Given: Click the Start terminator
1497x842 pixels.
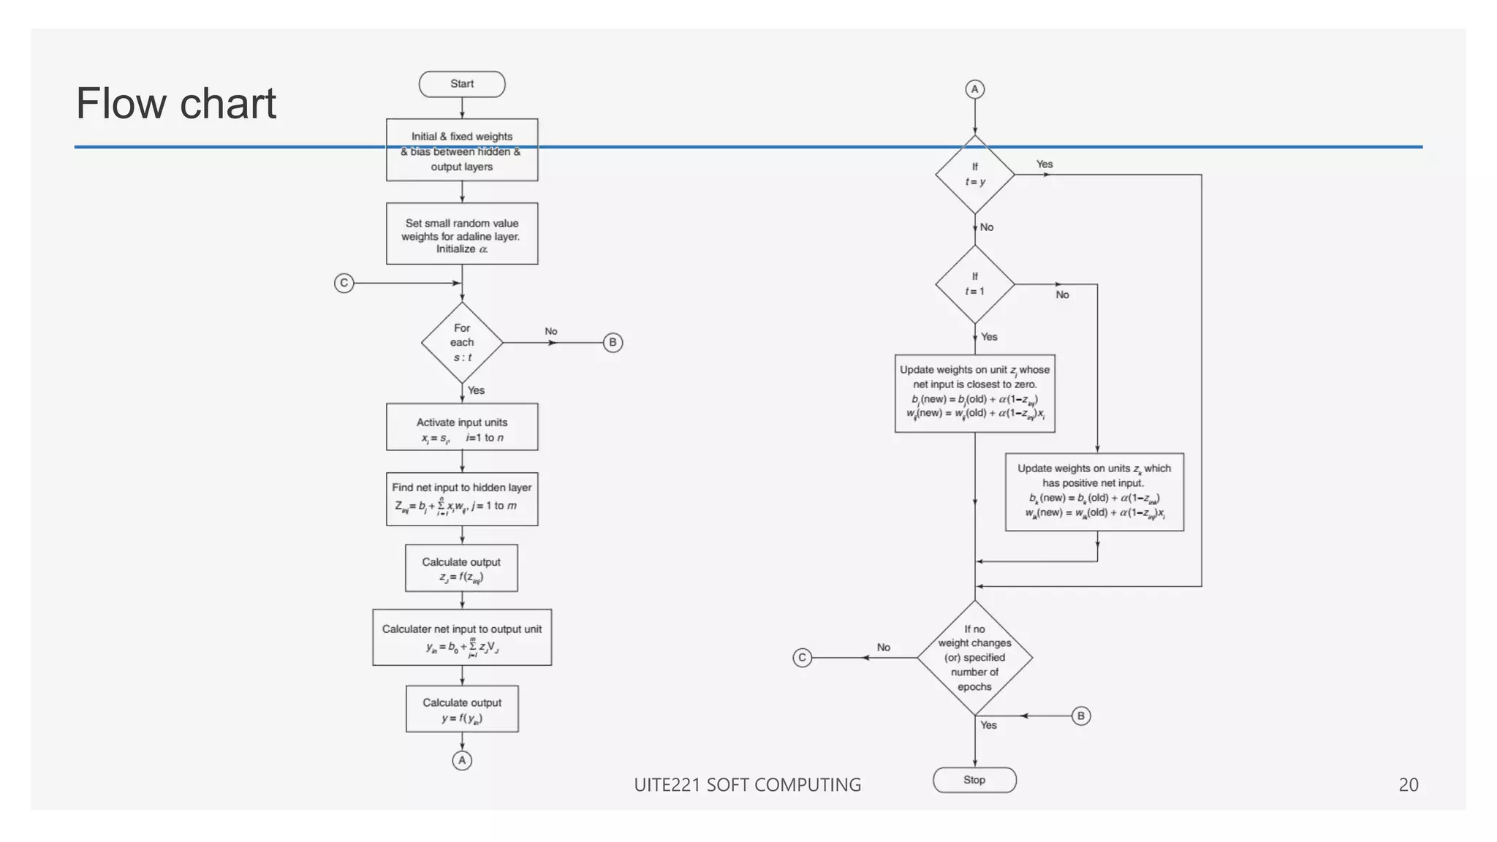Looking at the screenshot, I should [x=462, y=84].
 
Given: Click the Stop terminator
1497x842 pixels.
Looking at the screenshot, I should [x=974, y=780].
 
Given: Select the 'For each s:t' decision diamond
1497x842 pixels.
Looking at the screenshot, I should [x=462, y=343].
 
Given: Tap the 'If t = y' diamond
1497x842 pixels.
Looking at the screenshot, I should [x=974, y=175].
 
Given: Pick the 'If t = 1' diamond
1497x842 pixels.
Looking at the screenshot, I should [x=974, y=284].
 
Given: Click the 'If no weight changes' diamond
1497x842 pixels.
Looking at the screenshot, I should [x=974, y=658].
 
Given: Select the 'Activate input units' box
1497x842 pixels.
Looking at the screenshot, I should [x=462, y=428].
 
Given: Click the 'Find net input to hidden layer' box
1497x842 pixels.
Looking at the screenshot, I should [x=462, y=499].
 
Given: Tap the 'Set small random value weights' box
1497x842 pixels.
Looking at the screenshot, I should [x=462, y=234].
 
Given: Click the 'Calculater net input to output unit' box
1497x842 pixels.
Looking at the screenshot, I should [x=462, y=637].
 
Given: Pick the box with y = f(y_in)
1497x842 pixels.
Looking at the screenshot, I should [x=462, y=709].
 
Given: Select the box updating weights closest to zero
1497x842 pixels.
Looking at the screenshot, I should [x=974, y=393].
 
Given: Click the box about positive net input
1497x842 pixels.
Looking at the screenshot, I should [x=1094, y=492].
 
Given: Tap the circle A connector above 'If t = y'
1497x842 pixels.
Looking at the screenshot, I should [x=974, y=89].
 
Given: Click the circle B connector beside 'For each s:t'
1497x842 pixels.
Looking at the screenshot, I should [x=613, y=343].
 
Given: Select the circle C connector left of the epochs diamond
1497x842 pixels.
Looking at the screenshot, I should [x=802, y=658].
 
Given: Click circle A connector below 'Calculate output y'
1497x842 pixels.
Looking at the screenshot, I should [x=462, y=760].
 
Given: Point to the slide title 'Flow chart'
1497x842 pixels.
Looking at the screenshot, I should [x=176, y=103].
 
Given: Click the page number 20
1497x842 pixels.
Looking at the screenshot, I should [x=1408, y=785].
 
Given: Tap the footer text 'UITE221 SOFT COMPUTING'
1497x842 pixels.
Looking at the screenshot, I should [x=747, y=785].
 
